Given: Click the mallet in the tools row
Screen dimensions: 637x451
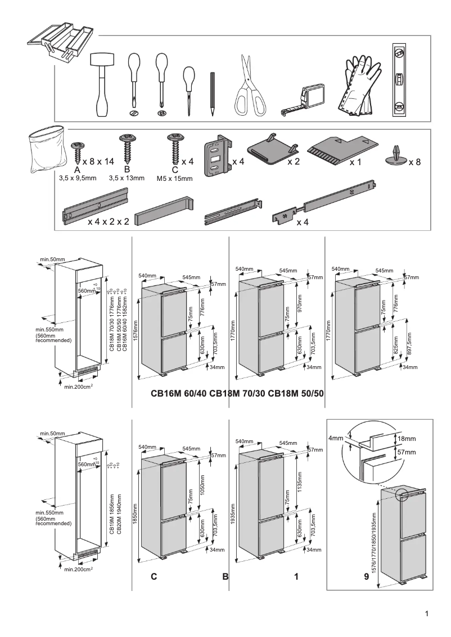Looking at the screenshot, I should [102, 84].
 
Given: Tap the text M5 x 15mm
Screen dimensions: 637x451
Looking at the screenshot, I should [174, 179].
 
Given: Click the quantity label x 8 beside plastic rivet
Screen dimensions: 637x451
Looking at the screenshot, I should [414, 162].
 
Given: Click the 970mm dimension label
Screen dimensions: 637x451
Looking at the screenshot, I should [299, 304].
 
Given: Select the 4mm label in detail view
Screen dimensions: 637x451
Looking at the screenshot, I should [335, 438].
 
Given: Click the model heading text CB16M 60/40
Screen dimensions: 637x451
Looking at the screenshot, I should [178, 393].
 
